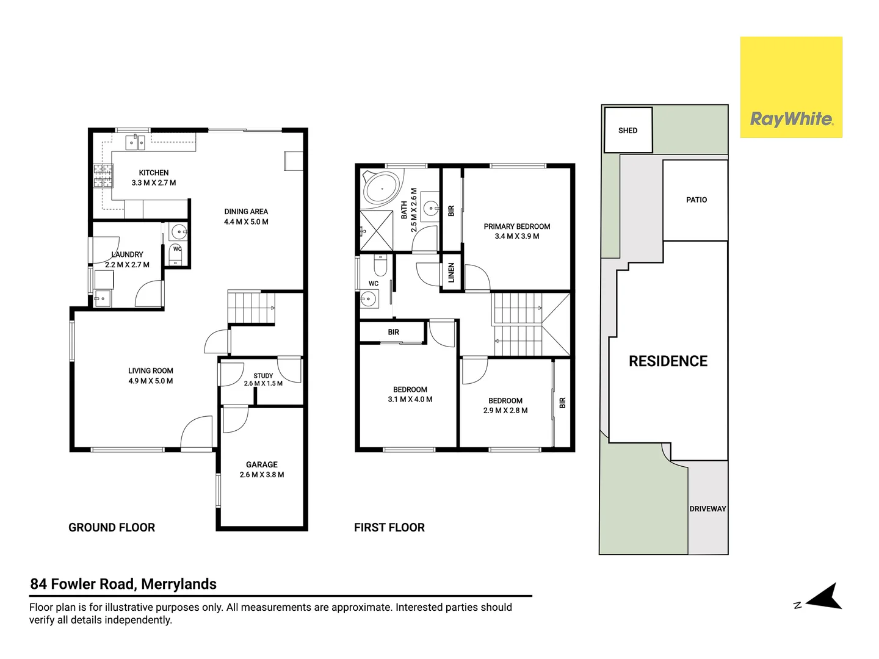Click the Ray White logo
791,87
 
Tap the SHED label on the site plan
628,131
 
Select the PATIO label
696,200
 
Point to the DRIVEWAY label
707,508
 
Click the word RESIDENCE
668,361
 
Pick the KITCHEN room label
154,173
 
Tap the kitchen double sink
136,142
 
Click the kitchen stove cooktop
103,176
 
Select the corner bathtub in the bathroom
382,189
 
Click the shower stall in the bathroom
377,231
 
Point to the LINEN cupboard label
451,273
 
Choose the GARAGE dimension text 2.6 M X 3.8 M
262,475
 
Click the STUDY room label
263,376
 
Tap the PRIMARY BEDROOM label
516,226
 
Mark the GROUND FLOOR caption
112,527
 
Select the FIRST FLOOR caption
389,527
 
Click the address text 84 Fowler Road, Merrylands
123,584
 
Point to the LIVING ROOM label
151,371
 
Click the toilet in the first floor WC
380,265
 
